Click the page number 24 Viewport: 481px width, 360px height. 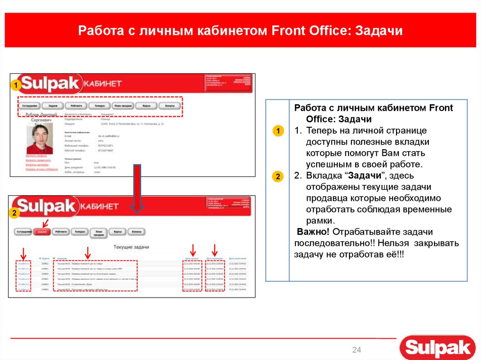(357, 350)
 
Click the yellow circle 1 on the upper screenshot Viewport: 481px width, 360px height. (15, 85)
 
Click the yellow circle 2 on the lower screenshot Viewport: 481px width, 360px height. (15, 214)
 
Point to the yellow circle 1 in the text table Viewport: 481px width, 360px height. (278, 131)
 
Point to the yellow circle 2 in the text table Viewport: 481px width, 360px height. (278, 177)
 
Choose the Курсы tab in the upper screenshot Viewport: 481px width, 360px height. (146, 106)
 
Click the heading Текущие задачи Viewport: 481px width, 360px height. (131, 247)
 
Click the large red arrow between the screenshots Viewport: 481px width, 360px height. (136, 188)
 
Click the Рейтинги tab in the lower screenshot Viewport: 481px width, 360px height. (61, 231)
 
